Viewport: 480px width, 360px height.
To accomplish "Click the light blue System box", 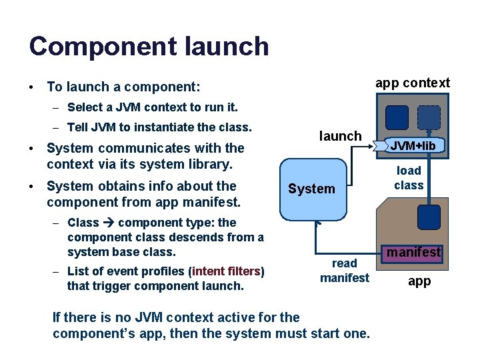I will pos(311,189).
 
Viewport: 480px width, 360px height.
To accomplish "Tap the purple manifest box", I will pos(413,252).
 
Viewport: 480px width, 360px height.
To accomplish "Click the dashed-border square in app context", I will pos(429,117).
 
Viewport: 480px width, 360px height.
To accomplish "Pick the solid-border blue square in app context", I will pos(398,117).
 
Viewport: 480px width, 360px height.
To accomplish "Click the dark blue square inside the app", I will pos(429,217).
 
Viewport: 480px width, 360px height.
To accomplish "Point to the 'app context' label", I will pos(412,83).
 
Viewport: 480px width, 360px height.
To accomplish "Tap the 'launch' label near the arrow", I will pos(340,136).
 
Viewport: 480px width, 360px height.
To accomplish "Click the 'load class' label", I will pos(409,178).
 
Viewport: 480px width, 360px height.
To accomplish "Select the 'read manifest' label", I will pos(344,271).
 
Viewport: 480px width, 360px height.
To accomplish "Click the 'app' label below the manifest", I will pos(419,281).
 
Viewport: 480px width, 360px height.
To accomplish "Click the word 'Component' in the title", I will pos(98,47).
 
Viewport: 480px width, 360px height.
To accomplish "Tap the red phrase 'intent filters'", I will pos(227,271).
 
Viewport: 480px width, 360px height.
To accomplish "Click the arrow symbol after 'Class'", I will pos(108,223).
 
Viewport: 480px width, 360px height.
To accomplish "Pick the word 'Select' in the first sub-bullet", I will pos(85,107).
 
